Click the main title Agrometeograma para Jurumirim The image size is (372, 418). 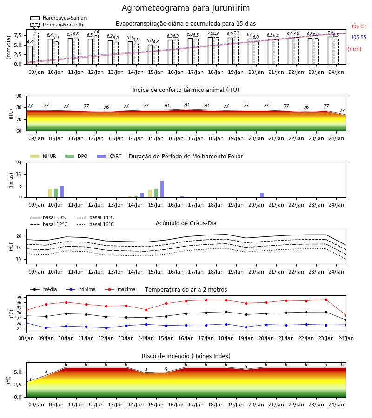[x=186, y=8]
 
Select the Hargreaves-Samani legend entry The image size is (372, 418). [x=59, y=18]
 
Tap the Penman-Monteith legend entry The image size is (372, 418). [x=57, y=25]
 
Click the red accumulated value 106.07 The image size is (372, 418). [x=359, y=26]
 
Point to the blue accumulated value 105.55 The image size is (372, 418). [x=359, y=37]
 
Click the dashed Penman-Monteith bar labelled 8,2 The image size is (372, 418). [x=36, y=48]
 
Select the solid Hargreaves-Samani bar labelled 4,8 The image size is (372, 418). [x=30, y=55]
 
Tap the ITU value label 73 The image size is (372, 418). [x=342, y=111]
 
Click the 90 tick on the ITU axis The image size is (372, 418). [x=19, y=96]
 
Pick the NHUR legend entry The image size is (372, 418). [x=43, y=156]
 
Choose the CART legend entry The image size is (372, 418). [x=109, y=156]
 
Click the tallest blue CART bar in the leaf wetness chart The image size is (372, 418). [x=162, y=189]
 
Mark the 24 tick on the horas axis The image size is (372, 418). [x=19, y=163]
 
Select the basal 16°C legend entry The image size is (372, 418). [x=95, y=224]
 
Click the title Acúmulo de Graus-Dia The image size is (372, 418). [x=186, y=223]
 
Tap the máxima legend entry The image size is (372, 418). [x=120, y=289]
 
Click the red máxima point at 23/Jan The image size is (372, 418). [x=326, y=300]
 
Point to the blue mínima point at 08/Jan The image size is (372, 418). [x=26, y=323]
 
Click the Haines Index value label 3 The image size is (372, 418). [x=30, y=379]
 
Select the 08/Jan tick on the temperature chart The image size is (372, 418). [x=26, y=338]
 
